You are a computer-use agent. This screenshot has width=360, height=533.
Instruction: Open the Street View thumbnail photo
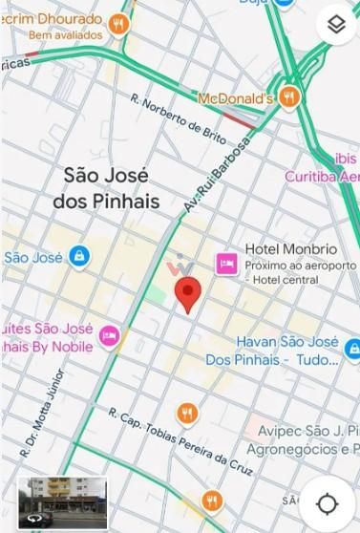pos(62,501)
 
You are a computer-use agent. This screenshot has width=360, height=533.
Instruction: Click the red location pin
pos(188,293)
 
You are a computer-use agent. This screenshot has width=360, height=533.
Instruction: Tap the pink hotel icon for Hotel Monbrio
pos(226,262)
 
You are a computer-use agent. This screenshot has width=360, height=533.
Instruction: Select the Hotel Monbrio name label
pos(281,247)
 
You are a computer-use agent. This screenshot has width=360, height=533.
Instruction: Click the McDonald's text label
pos(235,98)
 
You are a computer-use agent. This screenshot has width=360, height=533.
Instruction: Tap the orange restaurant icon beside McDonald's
pos(289,97)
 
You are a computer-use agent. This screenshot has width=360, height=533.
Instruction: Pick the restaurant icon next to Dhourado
pos(118,23)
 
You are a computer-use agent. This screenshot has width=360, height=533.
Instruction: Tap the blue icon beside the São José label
pos(79,256)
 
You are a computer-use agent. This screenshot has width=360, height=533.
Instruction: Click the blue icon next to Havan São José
pos(351,350)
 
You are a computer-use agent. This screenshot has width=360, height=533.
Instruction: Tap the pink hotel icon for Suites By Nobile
pos(110,335)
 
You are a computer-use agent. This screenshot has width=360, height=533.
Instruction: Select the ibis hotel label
pos(345,158)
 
